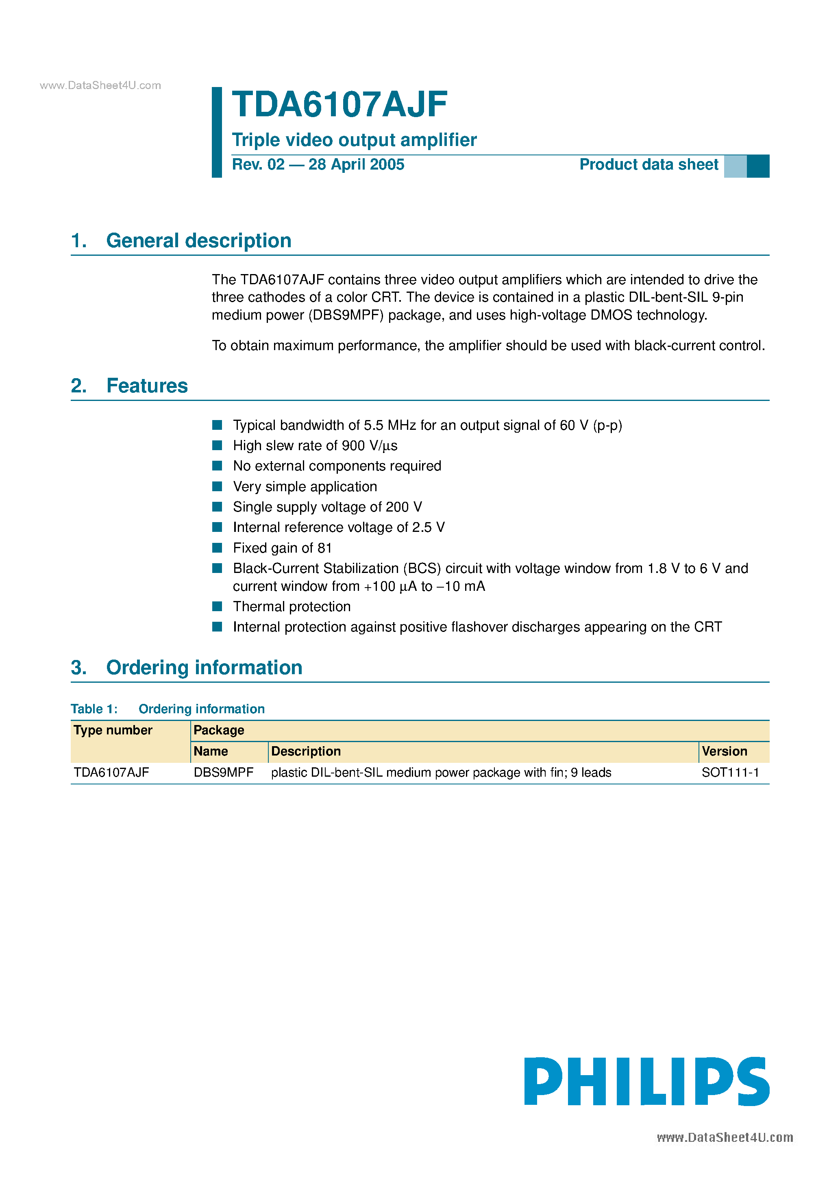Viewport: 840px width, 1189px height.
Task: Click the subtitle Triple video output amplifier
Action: pos(354,140)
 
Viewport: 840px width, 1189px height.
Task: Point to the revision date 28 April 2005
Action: pos(356,165)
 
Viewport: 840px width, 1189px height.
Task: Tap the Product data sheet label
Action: pos(648,165)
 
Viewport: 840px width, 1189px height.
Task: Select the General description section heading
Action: pos(198,241)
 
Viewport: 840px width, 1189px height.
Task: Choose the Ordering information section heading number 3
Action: pos(79,668)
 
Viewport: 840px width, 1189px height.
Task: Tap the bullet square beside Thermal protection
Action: pos(218,606)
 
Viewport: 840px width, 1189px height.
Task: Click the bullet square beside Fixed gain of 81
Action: pos(218,548)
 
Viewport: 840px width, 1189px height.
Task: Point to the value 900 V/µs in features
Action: pos(369,446)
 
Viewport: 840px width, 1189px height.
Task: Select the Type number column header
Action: pos(113,730)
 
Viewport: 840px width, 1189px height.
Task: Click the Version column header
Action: pos(724,751)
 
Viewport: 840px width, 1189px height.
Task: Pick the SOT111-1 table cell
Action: pos(730,773)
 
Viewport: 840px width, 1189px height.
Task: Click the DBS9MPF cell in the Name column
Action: pos(223,773)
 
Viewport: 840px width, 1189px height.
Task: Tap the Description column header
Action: pos(306,751)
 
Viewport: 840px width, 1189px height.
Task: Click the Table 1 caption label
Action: pos(94,709)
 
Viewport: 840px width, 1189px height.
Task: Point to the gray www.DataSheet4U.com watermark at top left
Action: pos(100,85)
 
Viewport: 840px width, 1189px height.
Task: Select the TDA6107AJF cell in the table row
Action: pos(111,773)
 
